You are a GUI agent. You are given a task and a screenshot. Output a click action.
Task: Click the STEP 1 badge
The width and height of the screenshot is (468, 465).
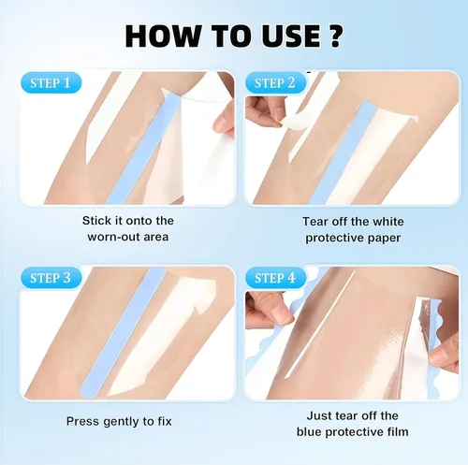(x=51, y=83)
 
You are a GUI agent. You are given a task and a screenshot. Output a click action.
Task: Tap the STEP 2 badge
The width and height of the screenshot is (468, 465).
(x=275, y=83)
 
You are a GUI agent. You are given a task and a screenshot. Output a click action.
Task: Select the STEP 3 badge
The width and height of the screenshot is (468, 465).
(x=51, y=278)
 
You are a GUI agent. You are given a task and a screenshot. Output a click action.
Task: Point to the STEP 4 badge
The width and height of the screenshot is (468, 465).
(x=275, y=278)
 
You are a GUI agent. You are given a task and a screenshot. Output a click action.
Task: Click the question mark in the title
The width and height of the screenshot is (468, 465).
(x=336, y=36)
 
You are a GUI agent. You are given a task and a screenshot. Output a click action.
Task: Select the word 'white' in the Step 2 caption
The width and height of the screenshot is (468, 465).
(x=388, y=222)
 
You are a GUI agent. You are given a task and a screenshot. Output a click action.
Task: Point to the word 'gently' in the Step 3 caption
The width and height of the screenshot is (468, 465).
(x=121, y=421)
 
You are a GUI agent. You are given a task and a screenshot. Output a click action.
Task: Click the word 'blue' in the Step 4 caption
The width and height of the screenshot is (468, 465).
(x=309, y=431)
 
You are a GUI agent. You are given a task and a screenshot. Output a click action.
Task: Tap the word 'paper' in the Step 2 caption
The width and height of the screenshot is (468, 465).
(x=384, y=239)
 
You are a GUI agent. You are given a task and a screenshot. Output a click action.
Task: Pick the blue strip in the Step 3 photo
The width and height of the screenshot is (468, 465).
(x=124, y=332)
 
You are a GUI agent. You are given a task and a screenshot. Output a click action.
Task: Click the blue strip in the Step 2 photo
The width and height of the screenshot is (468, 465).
(x=343, y=153)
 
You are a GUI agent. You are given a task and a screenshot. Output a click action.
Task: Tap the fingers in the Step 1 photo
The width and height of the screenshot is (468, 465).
(x=224, y=120)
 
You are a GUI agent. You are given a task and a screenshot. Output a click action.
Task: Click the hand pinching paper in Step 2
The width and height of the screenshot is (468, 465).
(x=266, y=111)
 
